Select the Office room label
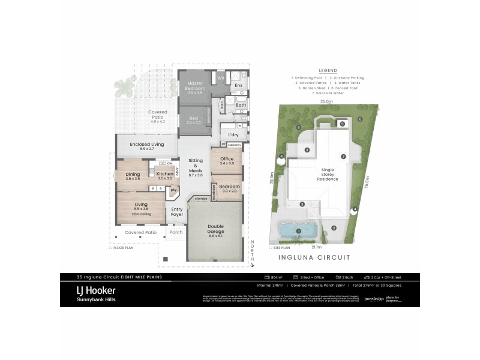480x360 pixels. (x=227, y=159)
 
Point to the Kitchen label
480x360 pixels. (x=164, y=174)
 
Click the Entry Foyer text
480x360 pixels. (x=177, y=212)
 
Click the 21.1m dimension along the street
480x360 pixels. (x=316, y=247)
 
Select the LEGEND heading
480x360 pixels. (x=328, y=70)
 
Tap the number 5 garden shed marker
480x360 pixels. (x=342, y=124)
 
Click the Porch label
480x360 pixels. (x=176, y=232)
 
